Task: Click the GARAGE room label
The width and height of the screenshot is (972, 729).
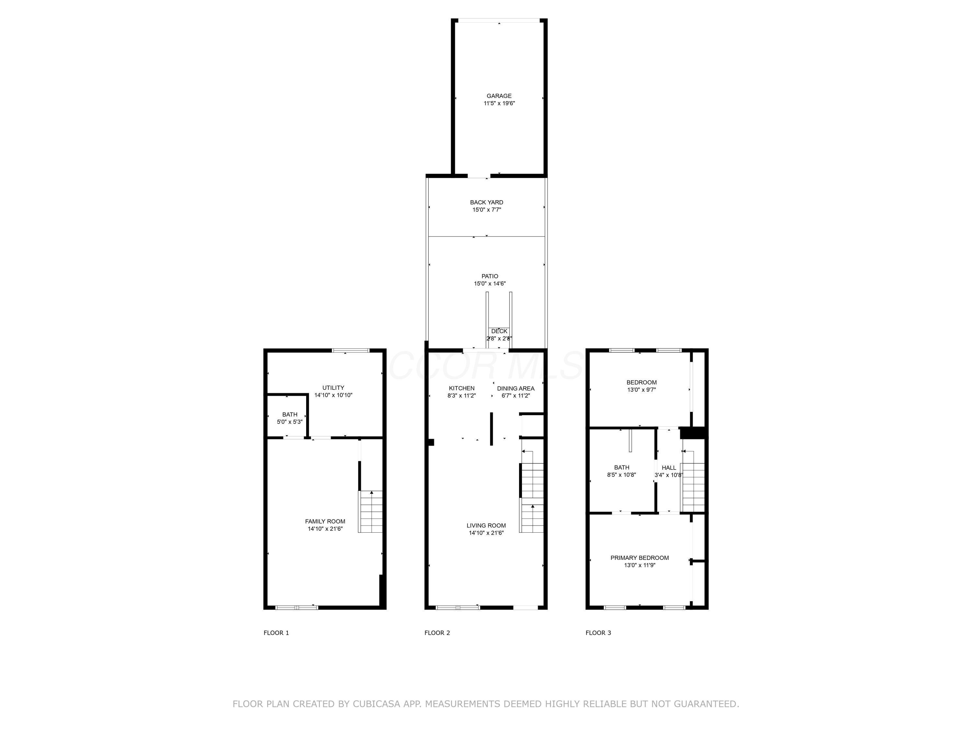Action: (x=499, y=96)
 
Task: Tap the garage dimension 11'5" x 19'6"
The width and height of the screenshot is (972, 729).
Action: (x=499, y=103)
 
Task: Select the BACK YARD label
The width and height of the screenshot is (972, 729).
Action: (x=486, y=202)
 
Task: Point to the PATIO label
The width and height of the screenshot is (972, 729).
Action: (x=490, y=276)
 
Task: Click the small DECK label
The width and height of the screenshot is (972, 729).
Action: (x=499, y=331)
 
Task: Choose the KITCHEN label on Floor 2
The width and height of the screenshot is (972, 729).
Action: (x=461, y=388)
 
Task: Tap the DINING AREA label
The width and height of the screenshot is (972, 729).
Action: (x=515, y=388)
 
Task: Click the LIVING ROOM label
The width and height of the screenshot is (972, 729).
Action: (x=486, y=525)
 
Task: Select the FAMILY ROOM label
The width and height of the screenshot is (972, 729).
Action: (x=325, y=521)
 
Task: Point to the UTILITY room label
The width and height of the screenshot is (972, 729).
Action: (x=333, y=388)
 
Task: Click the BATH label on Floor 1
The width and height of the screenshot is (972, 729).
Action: (x=290, y=414)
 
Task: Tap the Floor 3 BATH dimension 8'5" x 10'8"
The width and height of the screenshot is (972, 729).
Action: (x=621, y=475)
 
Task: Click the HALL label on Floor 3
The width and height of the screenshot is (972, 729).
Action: (x=669, y=468)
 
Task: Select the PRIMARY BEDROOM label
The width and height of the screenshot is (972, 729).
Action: (x=639, y=558)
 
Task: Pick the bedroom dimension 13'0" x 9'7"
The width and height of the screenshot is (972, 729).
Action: (x=641, y=390)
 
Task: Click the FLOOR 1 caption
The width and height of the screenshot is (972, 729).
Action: (x=276, y=633)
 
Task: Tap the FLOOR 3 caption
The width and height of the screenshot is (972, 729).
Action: (x=598, y=633)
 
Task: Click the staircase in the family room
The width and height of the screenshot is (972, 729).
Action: (x=371, y=512)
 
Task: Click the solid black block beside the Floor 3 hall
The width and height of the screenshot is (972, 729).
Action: (x=692, y=433)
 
